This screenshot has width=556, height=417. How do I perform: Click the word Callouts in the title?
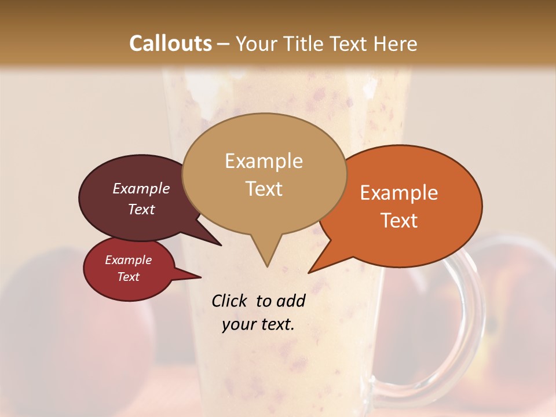[x=171, y=43]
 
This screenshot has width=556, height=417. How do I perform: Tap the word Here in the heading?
[x=395, y=43]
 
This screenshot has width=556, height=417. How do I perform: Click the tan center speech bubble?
[x=264, y=174]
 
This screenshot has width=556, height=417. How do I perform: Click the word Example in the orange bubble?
[x=399, y=193]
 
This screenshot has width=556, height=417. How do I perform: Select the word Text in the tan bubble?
[x=264, y=189]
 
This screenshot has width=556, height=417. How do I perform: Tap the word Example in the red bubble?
[x=129, y=260]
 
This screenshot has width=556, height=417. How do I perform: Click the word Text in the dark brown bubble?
[x=141, y=209]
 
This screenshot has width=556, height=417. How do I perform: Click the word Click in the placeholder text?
[x=229, y=301]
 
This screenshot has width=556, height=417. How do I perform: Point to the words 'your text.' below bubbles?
[x=258, y=324]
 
